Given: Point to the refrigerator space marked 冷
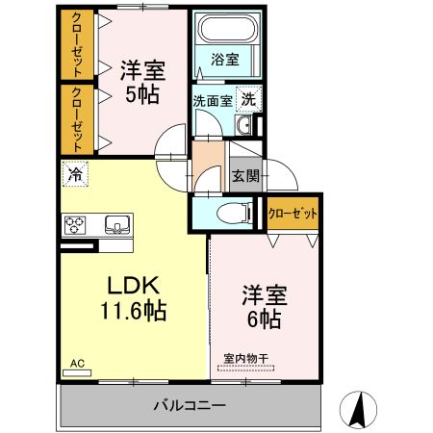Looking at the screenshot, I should [74, 174].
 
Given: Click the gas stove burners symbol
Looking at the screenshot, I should [75, 225].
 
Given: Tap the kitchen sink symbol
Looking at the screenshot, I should [117, 226].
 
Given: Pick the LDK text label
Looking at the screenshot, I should [132, 286].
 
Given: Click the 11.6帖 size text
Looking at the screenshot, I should [132, 311].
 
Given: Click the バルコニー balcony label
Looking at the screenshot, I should [189, 405].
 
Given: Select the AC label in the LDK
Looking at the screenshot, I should [78, 362].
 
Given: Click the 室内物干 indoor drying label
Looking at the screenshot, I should [247, 358].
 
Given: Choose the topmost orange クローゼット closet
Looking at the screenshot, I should [76, 45].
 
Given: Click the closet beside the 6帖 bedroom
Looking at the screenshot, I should [292, 213].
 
